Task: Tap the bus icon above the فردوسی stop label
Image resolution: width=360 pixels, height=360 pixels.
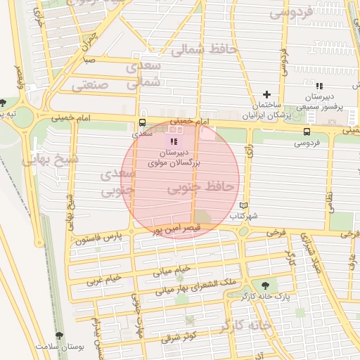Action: (307, 131)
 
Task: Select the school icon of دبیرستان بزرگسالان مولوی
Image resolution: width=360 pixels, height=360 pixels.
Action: (174, 142)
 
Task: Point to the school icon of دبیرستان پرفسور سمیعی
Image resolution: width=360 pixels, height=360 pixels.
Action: (319, 86)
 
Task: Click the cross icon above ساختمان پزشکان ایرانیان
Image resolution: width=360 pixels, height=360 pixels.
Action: (266, 94)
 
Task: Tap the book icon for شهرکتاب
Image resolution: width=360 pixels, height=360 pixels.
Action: (244, 205)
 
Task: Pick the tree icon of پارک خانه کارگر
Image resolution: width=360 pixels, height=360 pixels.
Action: (265, 285)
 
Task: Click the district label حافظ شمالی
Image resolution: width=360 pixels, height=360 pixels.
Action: (189, 50)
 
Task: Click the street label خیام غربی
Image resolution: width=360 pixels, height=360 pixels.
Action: (104, 279)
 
